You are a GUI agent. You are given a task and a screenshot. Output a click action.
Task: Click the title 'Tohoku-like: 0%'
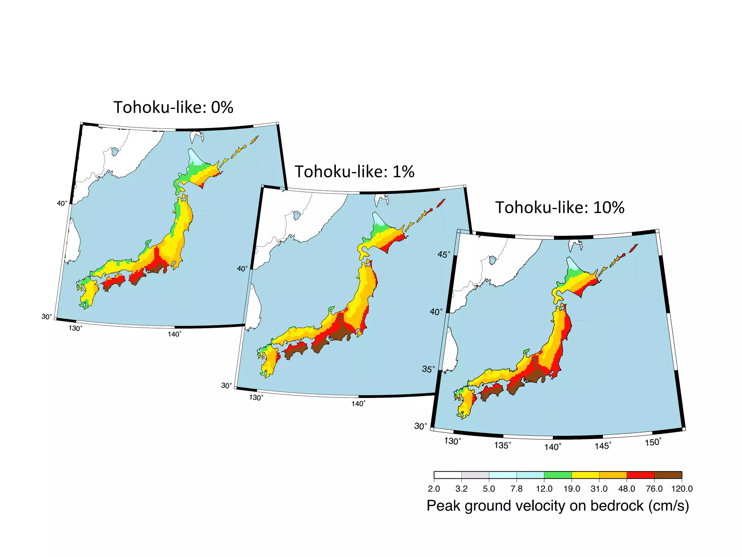click(173, 107)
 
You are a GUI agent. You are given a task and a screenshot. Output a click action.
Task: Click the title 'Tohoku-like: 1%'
click(354, 172)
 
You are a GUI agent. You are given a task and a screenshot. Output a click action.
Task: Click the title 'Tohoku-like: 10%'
click(560, 207)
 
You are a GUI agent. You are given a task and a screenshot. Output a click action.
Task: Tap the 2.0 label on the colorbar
click(434, 489)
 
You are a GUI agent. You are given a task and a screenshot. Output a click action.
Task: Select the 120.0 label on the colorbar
click(681, 489)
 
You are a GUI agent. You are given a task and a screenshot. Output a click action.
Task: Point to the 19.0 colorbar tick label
click(571, 489)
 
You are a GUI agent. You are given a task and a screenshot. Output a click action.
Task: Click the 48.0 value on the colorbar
click(626, 489)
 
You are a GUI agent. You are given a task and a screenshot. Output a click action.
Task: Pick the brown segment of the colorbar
click(668, 475)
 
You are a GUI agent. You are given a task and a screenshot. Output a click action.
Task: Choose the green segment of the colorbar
click(558, 475)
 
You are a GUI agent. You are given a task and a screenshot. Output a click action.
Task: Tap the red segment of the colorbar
click(640, 475)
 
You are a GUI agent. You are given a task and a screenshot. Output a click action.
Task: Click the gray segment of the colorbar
click(475, 475)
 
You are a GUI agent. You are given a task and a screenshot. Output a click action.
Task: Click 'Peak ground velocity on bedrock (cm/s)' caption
click(558, 506)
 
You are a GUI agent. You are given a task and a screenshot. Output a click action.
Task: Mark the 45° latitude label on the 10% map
click(444, 254)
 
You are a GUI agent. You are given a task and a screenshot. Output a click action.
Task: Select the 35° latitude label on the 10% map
click(428, 369)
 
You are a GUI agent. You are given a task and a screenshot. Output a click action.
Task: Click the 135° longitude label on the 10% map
click(503, 445)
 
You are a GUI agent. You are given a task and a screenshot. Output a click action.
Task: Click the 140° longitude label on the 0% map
click(174, 334)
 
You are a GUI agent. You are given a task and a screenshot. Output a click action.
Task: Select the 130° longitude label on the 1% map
click(256, 397)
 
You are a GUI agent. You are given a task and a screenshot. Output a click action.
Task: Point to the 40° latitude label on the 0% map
click(62, 203)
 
